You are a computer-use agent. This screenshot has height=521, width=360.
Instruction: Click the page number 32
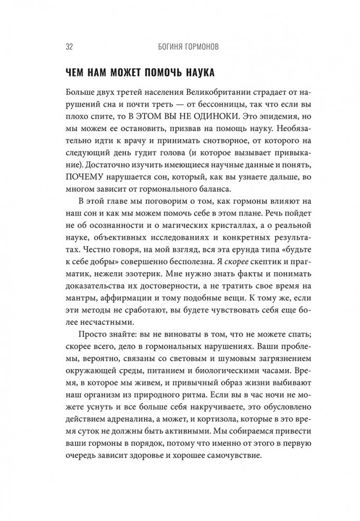(55, 47)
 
